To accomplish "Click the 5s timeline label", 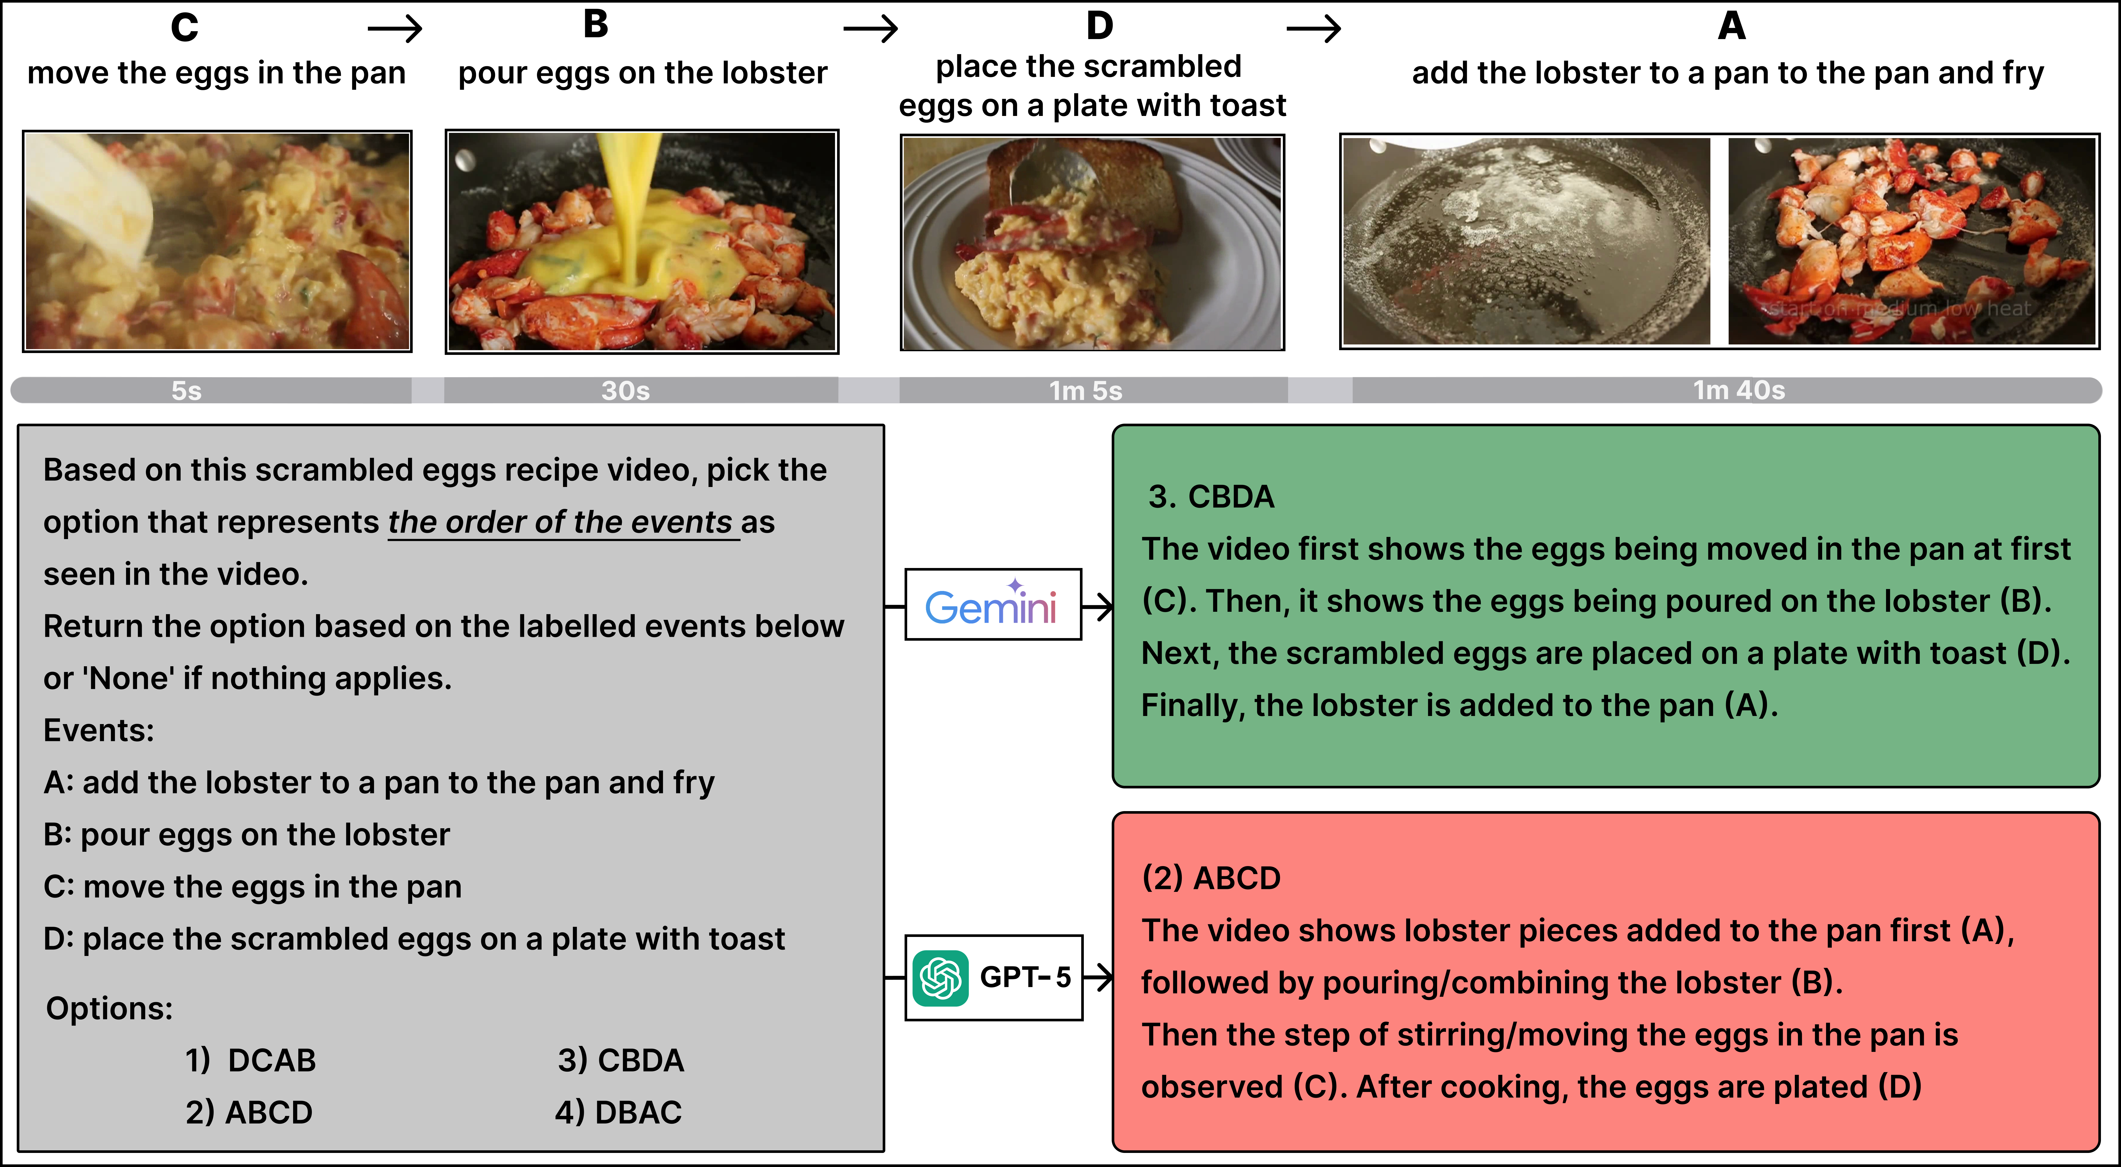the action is (187, 390).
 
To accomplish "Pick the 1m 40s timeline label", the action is (1739, 390).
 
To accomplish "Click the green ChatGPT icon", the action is (940, 978).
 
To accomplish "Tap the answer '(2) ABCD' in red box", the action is (1211, 878).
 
